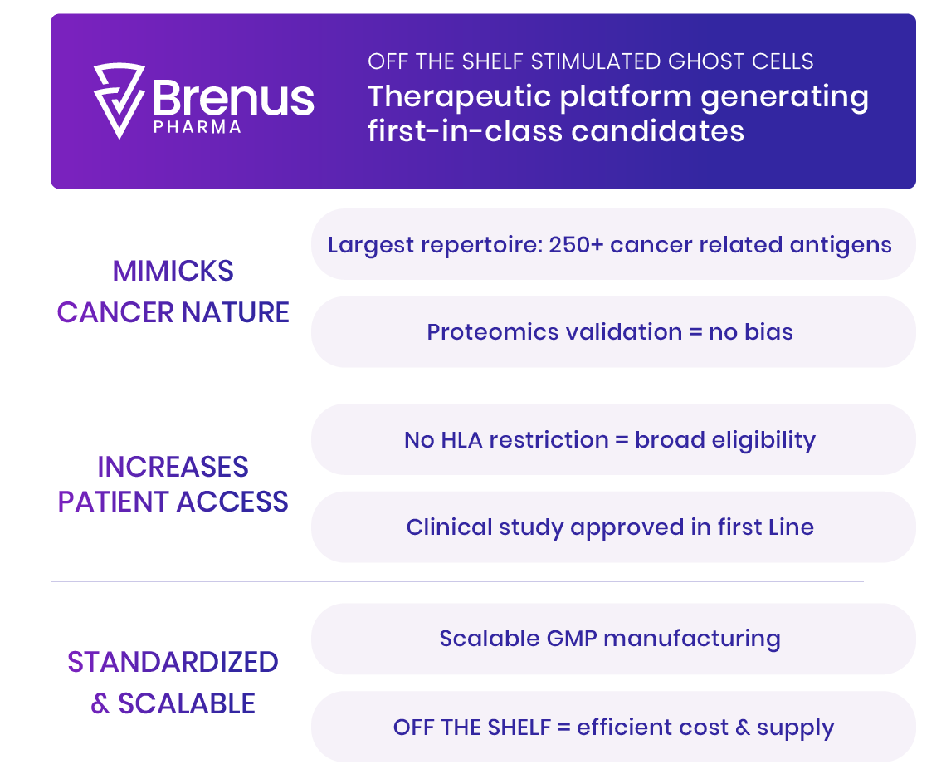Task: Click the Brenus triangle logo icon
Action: tap(119, 100)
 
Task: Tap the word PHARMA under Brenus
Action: tap(198, 127)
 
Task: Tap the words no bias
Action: tap(751, 332)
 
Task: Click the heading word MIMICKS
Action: tap(173, 271)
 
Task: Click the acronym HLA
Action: tap(461, 439)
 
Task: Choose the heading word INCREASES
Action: tap(173, 467)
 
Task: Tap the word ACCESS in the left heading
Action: tap(232, 502)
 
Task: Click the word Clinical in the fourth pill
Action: tap(450, 527)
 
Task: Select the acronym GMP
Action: tap(572, 639)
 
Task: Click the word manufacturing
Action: tap(692, 639)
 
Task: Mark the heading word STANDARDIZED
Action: tap(173, 662)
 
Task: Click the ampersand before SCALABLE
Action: tap(100, 703)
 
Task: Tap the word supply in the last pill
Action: tap(796, 728)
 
